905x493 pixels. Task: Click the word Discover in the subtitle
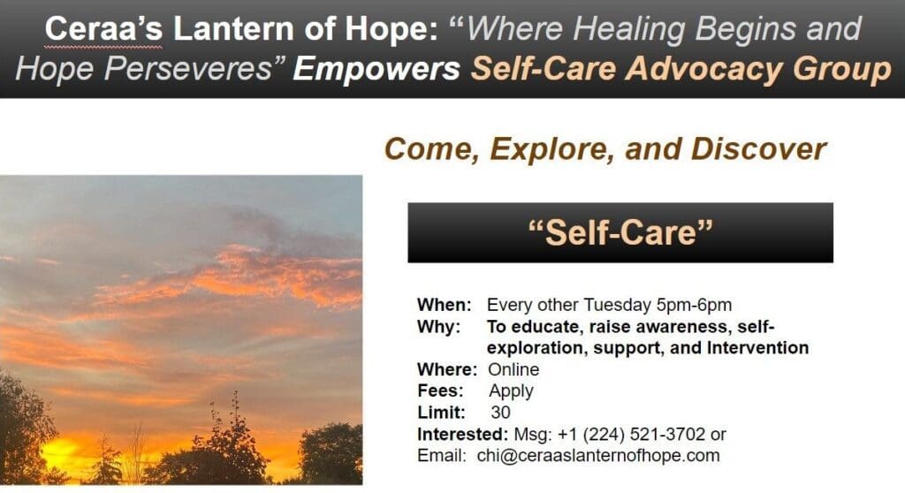tap(759, 148)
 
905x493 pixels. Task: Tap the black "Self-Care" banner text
tap(620, 232)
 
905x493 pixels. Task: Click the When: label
tap(445, 306)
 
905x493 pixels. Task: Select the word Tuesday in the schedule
tap(617, 306)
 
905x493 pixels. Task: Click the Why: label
tap(438, 327)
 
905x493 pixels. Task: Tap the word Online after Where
tap(513, 369)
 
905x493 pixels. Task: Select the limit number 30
tap(500, 412)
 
